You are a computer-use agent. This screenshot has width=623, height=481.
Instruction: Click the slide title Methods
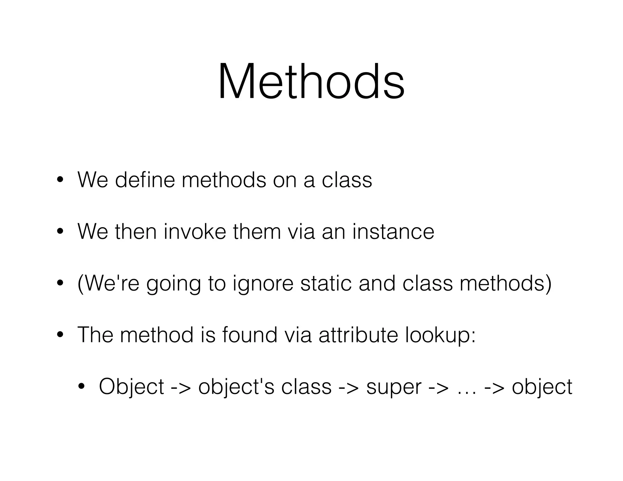pyautogui.click(x=311, y=81)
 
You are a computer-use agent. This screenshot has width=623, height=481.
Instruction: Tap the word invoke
pyautogui.click(x=195, y=231)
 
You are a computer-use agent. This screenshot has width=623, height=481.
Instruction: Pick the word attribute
pyautogui.click(x=358, y=335)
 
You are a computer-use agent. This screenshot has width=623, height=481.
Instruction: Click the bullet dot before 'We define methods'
pyautogui.click(x=60, y=180)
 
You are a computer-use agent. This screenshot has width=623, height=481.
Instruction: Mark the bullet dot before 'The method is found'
pyautogui.click(x=60, y=335)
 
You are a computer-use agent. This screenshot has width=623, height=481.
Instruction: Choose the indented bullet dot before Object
pyautogui.click(x=81, y=386)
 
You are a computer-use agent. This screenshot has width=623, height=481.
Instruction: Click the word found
pyautogui.click(x=249, y=335)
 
